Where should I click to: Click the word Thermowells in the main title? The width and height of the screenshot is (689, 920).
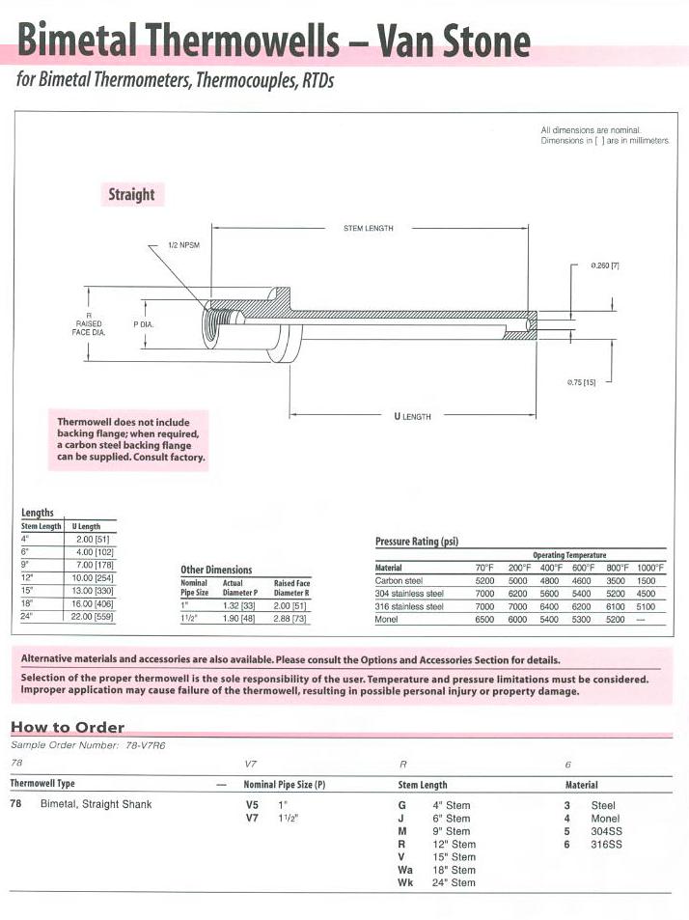pyautogui.click(x=236, y=41)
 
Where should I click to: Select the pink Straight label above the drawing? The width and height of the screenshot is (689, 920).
pyautogui.click(x=131, y=194)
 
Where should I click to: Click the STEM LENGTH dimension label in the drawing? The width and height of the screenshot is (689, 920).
pyautogui.click(x=369, y=229)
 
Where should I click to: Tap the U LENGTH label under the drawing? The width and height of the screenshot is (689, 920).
pyautogui.click(x=412, y=416)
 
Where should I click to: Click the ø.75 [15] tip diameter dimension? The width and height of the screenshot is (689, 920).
pyautogui.click(x=581, y=382)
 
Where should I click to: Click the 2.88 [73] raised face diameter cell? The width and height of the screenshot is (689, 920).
pyautogui.click(x=291, y=617)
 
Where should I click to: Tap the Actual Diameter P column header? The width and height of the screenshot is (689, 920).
pyautogui.click(x=240, y=588)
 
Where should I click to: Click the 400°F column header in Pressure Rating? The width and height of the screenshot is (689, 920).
pyautogui.click(x=551, y=568)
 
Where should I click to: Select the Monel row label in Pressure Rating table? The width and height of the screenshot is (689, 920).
pyautogui.click(x=386, y=619)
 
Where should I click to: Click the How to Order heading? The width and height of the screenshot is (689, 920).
pyautogui.click(x=68, y=727)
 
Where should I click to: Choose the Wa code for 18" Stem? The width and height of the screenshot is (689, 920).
pyautogui.click(x=405, y=870)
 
